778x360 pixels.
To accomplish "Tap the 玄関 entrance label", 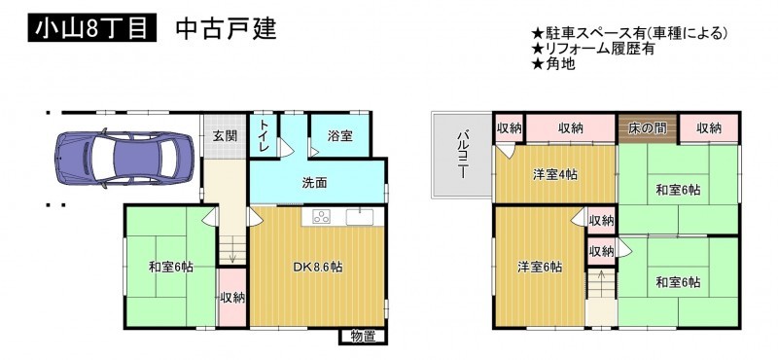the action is point(226,136).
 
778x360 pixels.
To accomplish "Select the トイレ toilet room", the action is point(264,135).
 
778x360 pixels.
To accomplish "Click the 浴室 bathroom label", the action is point(339,136).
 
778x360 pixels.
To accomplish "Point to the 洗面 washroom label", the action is point(315,183).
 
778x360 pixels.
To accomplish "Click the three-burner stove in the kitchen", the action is point(323,217).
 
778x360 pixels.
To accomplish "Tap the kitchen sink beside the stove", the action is point(360,217).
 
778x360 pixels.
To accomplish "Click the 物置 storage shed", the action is point(363,337).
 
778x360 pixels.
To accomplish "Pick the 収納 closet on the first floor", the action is point(232,298).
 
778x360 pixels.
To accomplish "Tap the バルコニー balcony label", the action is point(463,154).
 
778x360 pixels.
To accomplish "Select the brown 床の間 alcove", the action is point(648,128).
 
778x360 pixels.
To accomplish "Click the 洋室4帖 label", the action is point(554,175).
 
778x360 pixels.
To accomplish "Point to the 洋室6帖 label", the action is point(541,268).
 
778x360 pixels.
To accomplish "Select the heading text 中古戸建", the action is point(226,29).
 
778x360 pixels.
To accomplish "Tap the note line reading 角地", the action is point(553,64).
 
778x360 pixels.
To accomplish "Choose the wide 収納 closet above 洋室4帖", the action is point(571,128).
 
